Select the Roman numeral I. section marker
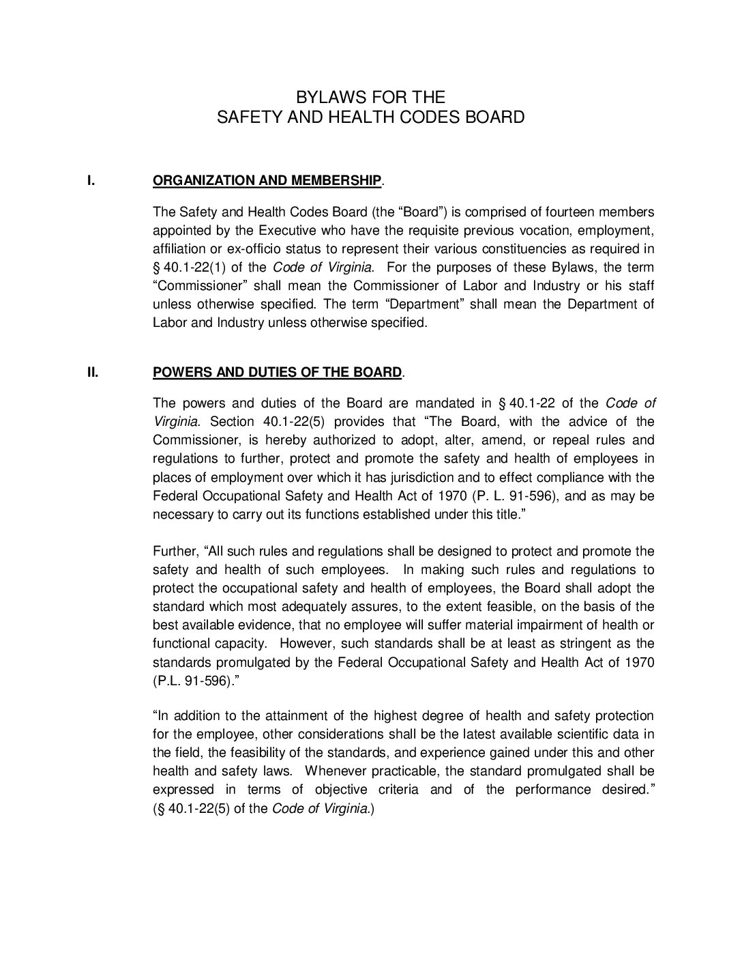(x=89, y=180)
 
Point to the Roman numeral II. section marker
(x=92, y=372)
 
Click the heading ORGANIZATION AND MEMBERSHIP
(x=267, y=180)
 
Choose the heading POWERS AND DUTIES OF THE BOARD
(x=277, y=372)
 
